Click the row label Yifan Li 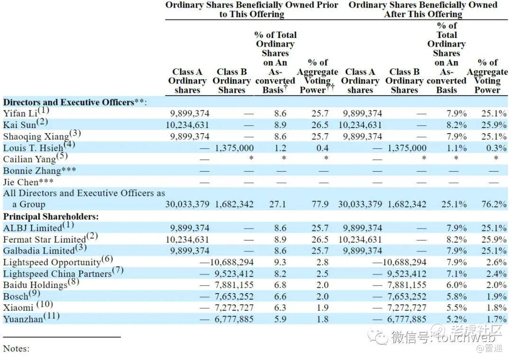(21, 114)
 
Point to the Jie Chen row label (28, 182)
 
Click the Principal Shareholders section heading (51, 216)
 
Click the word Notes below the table (16, 349)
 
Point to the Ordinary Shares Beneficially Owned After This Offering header (423, 9)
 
